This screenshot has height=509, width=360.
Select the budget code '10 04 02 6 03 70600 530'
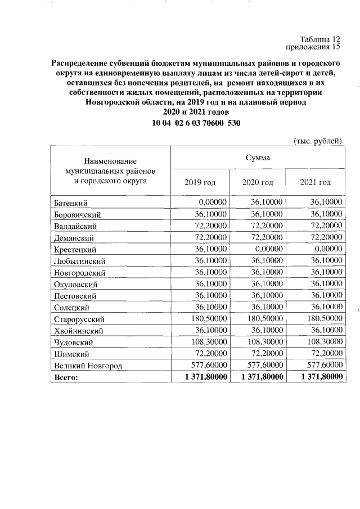pos(196,123)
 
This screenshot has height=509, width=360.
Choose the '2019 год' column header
pos(200,182)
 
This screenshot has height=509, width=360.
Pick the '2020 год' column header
pos(258,182)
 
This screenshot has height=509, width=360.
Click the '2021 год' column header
pos(316,182)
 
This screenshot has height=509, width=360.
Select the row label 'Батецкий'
pos(70,202)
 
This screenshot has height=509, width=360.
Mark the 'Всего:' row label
pos(66,378)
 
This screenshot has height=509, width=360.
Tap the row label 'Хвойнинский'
pos(78,331)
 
